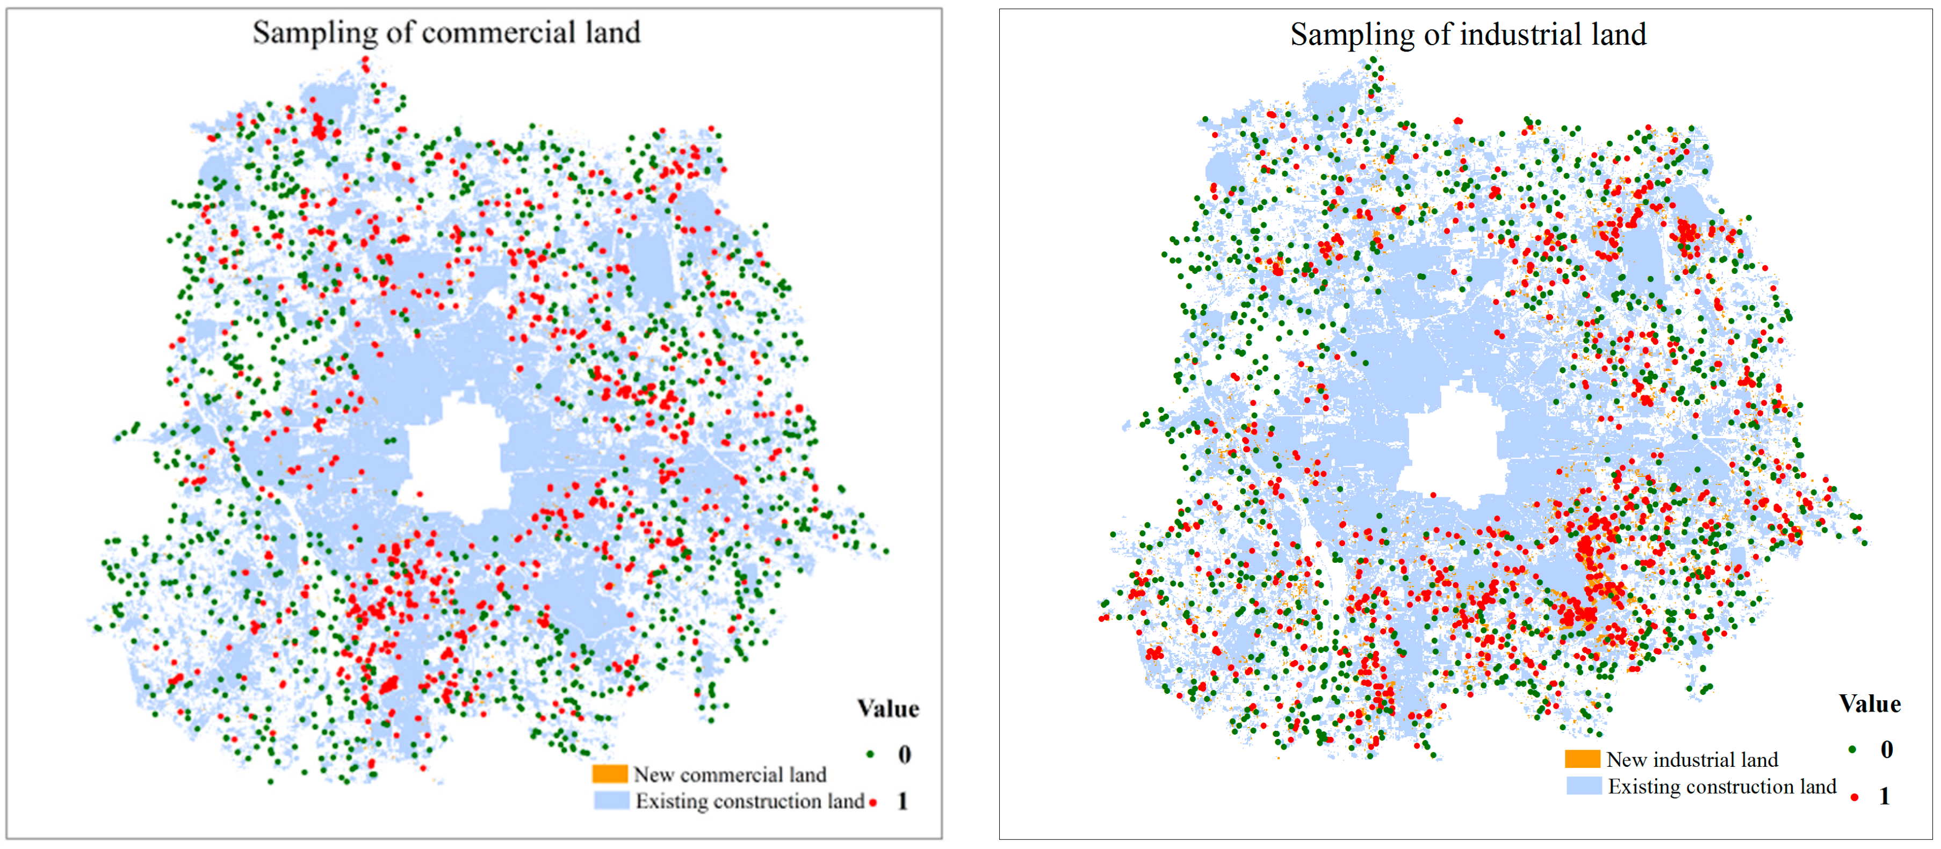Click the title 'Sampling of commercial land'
[446, 32]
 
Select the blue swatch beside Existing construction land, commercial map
[611, 800]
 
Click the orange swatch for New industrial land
[1582, 759]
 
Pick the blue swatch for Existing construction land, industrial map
[1584, 786]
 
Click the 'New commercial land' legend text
[730, 774]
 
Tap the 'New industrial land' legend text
[1692, 759]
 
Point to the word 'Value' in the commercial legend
[887, 709]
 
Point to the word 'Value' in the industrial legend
[1870, 703]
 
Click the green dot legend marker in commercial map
[870, 754]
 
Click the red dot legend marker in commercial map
[872, 802]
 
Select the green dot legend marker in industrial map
[1852, 749]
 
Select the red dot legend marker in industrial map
[1855, 796]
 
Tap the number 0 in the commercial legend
[904, 754]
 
